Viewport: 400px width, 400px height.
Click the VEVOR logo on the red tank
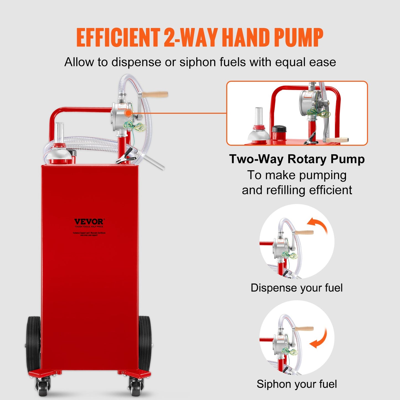[89, 222]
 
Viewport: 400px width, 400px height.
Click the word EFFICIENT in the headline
[118, 38]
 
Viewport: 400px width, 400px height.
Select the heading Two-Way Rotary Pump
[297, 159]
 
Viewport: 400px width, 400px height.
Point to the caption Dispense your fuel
[296, 288]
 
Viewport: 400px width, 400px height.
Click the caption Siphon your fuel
[296, 384]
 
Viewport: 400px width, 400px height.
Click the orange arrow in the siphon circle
[319, 339]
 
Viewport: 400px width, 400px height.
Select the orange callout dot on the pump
[128, 113]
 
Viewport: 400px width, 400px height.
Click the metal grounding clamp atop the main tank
[127, 157]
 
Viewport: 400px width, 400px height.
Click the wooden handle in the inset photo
[337, 140]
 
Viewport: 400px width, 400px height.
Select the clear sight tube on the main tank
[59, 131]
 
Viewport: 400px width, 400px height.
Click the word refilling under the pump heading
[286, 190]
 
